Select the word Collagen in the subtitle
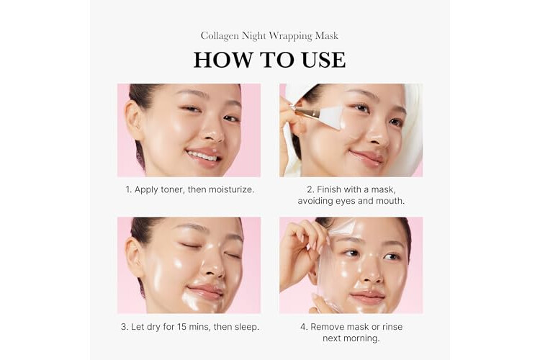pyautogui.click(x=220, y=36)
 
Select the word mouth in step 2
pyautogui.click(x=392, y=200)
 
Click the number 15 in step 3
pyautogui.click(x=182, y=327)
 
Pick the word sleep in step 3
pyautogui.click(x=246, y=327)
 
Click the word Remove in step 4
pyautogui.click(x=327, y=327)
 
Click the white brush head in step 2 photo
pyautogui.click(x=331, y=114)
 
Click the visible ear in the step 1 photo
pyautogui.click(x=133, y=119)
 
